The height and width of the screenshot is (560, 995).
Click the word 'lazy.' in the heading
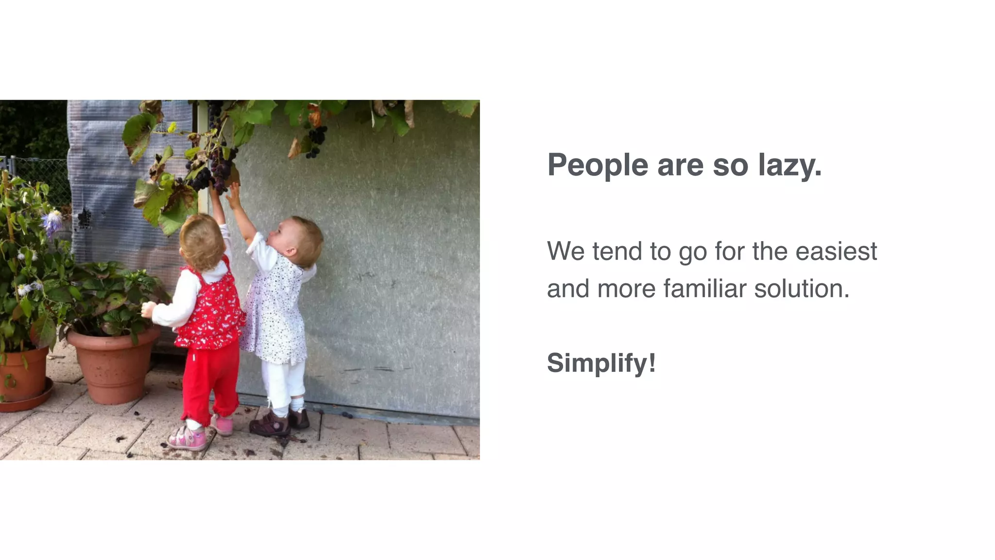(789, 165)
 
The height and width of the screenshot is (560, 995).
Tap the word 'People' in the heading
(597, 165)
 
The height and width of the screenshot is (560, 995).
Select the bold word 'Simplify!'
(601, 363)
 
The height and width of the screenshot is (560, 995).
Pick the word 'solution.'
(802, 289)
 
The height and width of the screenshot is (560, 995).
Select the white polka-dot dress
(274, 316)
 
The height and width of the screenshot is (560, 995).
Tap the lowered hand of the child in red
(147, 309)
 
